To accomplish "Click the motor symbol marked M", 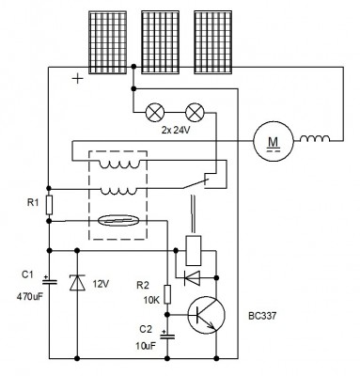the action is click(x=274, y=141).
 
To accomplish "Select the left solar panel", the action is click(x=108, y=42).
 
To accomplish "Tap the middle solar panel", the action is click(x=160, y=42).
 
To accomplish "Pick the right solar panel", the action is click(x=213, y=42).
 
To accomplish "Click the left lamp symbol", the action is click(x=155, y=112).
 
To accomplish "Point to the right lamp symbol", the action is click(x=195, y=112).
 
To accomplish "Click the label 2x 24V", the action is click(x=176, y=131).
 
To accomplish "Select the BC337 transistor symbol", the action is click(x=207, y=315).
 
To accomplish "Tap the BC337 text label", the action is click(x=262, y=316).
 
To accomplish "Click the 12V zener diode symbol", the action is click(x=77, y=282).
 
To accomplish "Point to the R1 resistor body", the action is click(x=49, y=205).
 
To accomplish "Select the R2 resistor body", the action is click(x=167, y=294).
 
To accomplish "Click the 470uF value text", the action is click(x=29, y=296).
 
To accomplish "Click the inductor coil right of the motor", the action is click(x=315, y=138).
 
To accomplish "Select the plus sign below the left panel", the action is click(x=77, y=79).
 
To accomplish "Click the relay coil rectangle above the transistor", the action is click(x=194, y=251).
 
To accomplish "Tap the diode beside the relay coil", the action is click(x=192, y=278).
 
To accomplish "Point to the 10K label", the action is click(x=151, y=301).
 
